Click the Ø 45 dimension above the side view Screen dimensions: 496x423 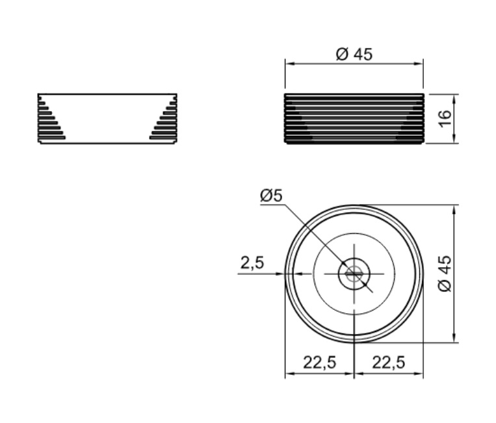[354, 54]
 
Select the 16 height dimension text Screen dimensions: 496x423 [445, 118]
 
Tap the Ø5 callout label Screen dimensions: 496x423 [271, 196]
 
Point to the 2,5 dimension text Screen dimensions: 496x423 [252, 263]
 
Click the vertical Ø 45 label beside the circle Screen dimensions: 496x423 [446, 274]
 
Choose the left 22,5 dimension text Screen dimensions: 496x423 [319, 363]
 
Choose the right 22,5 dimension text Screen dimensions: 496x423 [388, 363]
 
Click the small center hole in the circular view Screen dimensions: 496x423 [354, 274]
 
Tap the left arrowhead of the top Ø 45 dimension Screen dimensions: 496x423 [290, 64]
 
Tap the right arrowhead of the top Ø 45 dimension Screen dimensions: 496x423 [418, 64]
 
